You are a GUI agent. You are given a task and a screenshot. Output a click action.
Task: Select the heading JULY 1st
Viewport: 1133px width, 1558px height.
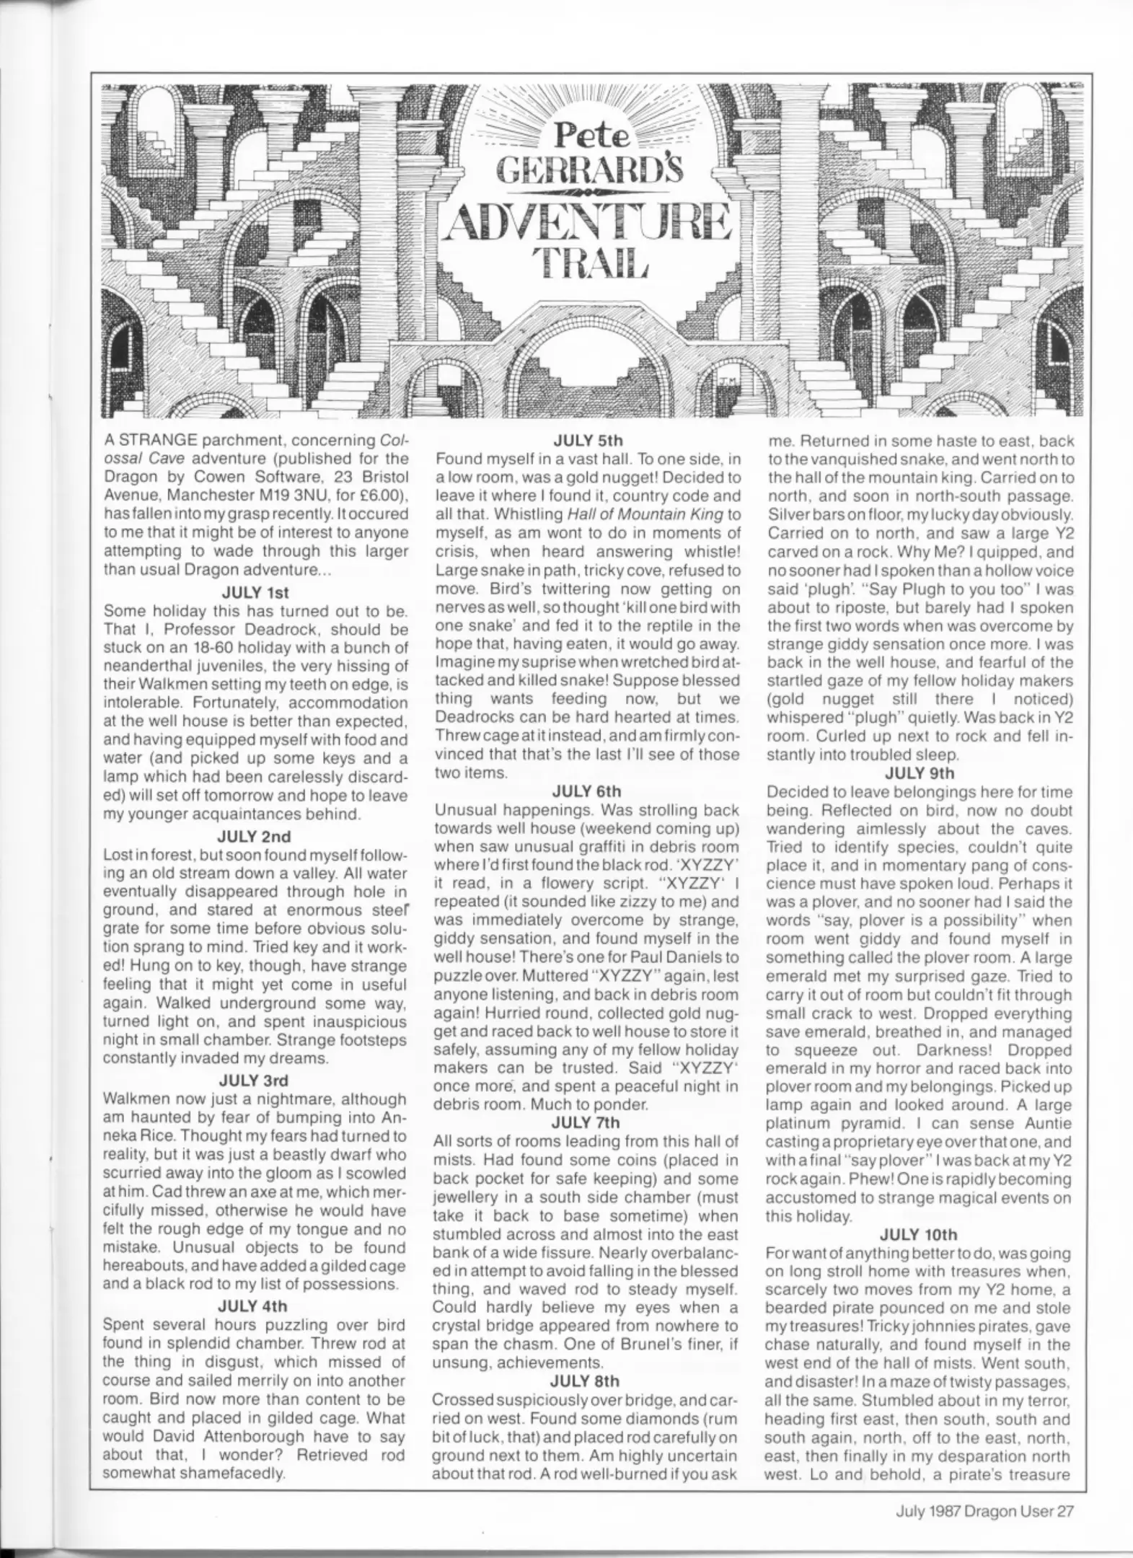click(x=255, y=592)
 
